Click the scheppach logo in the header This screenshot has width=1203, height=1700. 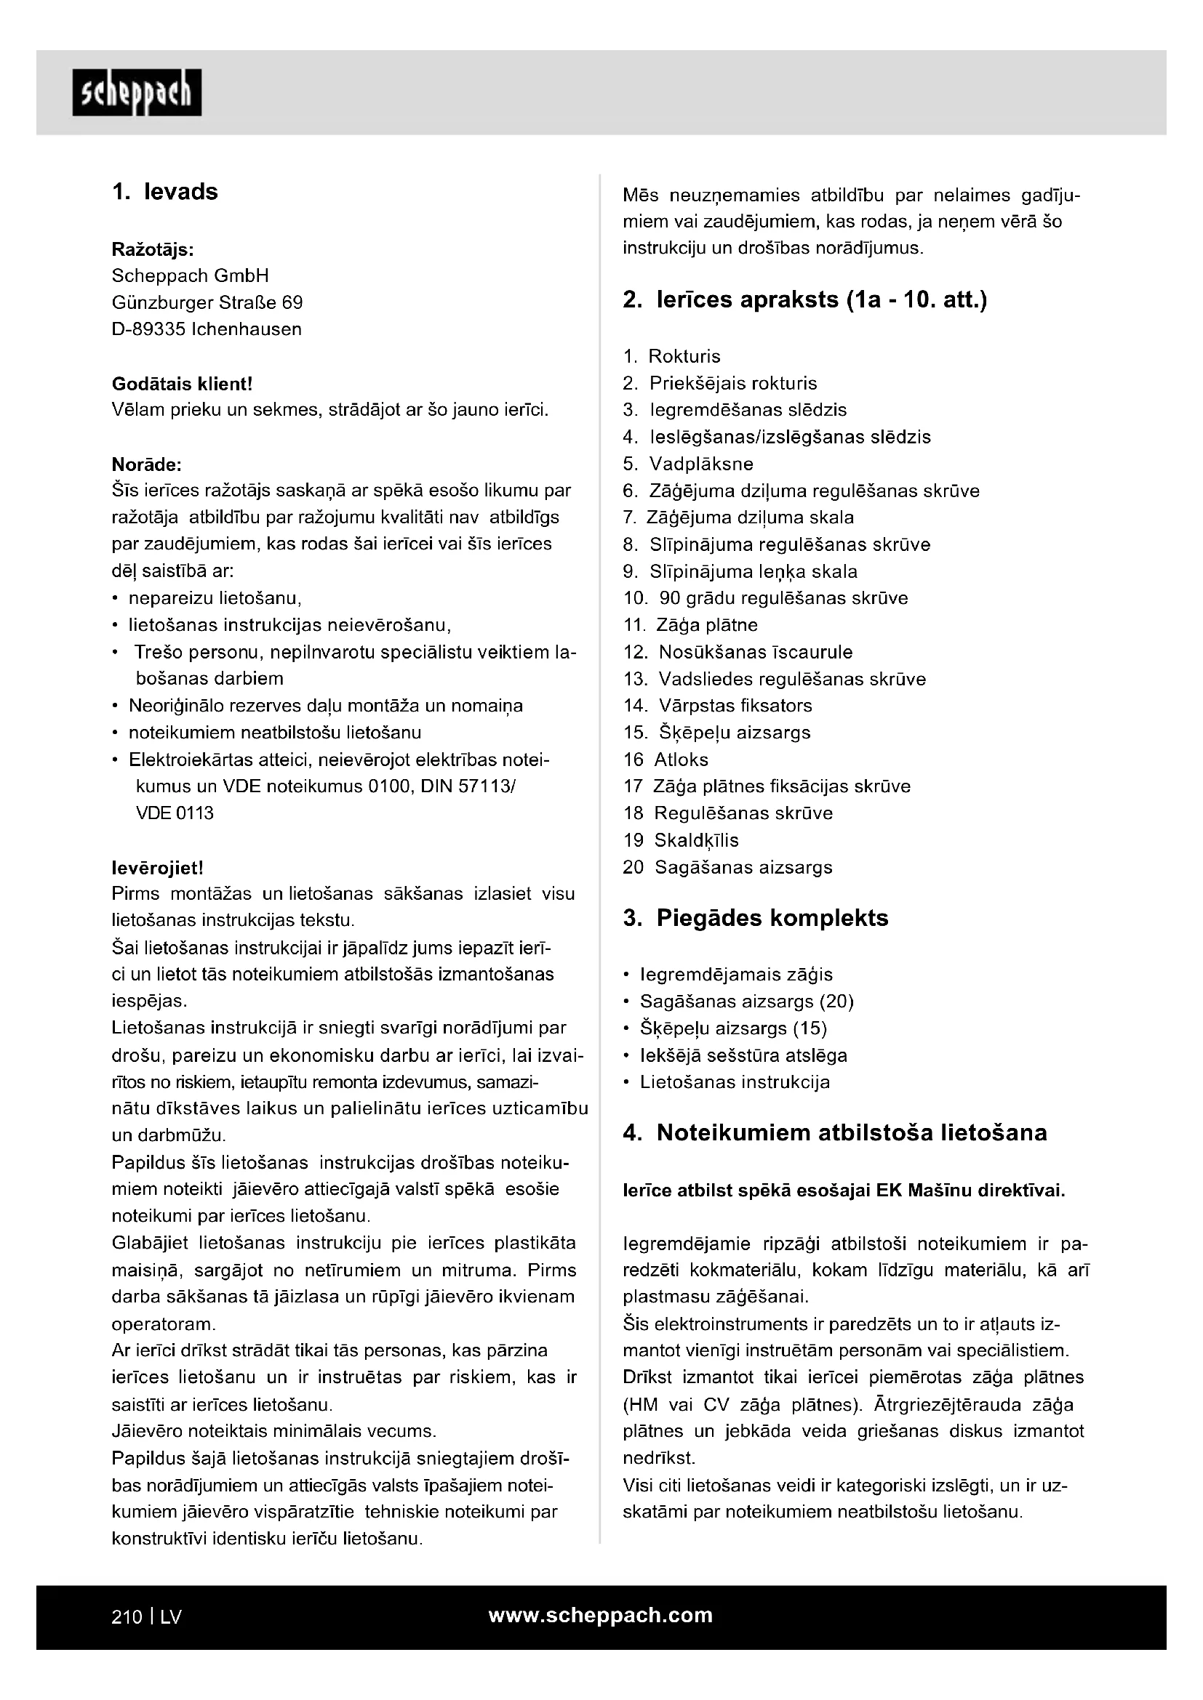137,92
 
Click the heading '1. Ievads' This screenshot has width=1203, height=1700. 165,192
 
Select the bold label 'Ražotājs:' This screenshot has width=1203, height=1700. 153,249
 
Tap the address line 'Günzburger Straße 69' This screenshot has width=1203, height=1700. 207,303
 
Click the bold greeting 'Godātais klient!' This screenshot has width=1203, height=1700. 183,384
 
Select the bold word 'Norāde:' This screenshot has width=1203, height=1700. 147,464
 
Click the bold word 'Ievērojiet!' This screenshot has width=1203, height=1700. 157,867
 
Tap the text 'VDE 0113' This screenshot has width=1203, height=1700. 175,813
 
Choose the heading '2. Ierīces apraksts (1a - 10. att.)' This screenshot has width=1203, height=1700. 805,300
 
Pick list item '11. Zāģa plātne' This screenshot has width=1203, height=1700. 691,625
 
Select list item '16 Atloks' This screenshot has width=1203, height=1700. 666,760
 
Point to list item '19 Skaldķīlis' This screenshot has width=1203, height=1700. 681,840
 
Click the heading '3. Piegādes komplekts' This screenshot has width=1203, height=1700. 756,918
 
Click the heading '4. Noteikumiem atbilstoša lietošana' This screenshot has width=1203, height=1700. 835,1133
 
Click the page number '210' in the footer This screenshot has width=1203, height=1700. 127,1616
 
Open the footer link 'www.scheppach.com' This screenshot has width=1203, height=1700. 601,1615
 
